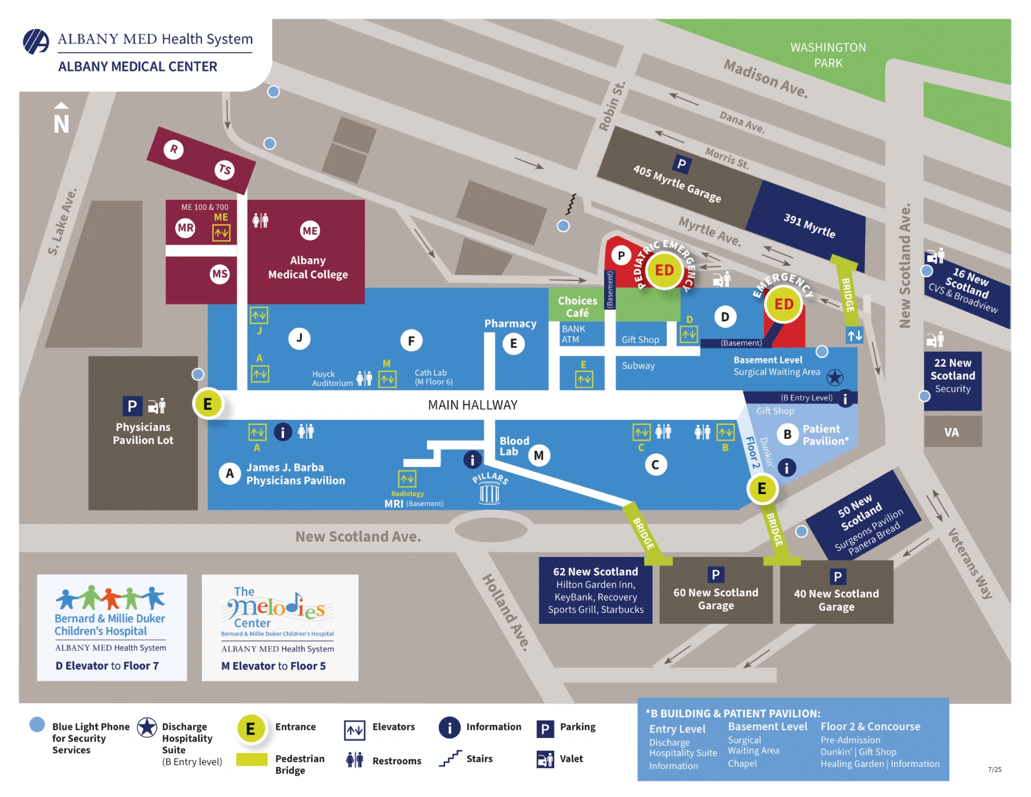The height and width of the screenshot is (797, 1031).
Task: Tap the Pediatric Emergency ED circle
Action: pyautogui.click(x=664, y=270)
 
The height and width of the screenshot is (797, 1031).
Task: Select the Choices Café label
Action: pyautogui.click(x=577, y=307)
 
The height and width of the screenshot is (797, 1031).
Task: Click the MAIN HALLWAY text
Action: pyautogui.click(x=473, y=405)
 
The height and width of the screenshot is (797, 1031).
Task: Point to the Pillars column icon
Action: pyautogui.click(x=489, y=492)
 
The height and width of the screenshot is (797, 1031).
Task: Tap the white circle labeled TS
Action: pyautogui.click(x=224, y=170)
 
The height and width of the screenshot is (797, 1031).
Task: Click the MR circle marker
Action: pyautogui.click(x=186, y=228)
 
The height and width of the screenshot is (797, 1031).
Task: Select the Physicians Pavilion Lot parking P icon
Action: pyautogui.click(x=132, y=406)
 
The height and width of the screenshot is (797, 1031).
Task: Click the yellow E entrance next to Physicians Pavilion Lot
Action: pyautogui.click(x=208, y=404)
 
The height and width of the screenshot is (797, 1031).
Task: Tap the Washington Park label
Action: pyautogui.click(x=828, y=55)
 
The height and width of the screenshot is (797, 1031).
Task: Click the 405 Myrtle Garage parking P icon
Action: pyautogui.click(x=681, y=164)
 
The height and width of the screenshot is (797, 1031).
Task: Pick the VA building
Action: pyautogui.click(x=952, y=432)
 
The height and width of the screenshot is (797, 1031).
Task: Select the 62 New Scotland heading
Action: pyautogui.click(x=596, y=571)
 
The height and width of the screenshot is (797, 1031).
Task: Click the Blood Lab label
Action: pyautogui.click(x=514, y=446)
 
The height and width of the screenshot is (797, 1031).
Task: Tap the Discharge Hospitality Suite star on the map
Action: pyautogui.click(x=834, y=378)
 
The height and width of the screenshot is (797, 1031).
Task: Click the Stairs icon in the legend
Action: pyautogui.click(x=450, y=758)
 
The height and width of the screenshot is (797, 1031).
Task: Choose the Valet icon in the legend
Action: pyautogui.click(x=545, y=759)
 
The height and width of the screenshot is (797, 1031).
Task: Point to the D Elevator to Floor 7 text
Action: pyautogui.click(x=107, y=666)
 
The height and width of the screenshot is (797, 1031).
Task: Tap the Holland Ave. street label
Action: pyautogui.click(x=505, y=612)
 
